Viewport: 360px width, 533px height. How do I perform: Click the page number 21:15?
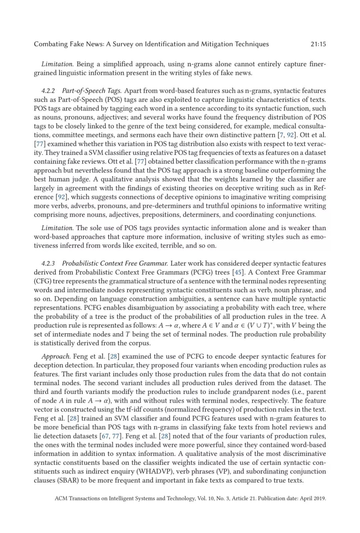pos(318,44)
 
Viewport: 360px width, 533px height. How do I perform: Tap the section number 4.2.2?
pos(48,91)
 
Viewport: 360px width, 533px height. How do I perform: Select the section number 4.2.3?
pos(48,264)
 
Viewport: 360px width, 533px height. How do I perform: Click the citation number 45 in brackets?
pos(238,272)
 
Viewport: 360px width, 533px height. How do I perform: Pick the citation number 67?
pos(106,436)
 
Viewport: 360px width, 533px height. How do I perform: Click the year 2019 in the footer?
pos(319,499)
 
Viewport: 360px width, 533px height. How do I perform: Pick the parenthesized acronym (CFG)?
pos(42,281)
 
